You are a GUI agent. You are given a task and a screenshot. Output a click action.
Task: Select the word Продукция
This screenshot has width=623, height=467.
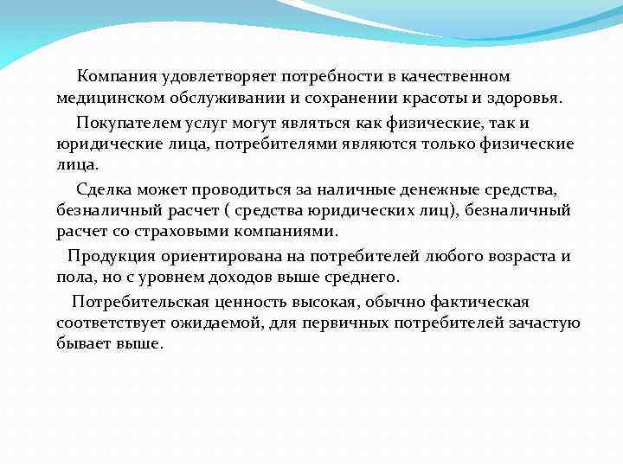tap(109, 256)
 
